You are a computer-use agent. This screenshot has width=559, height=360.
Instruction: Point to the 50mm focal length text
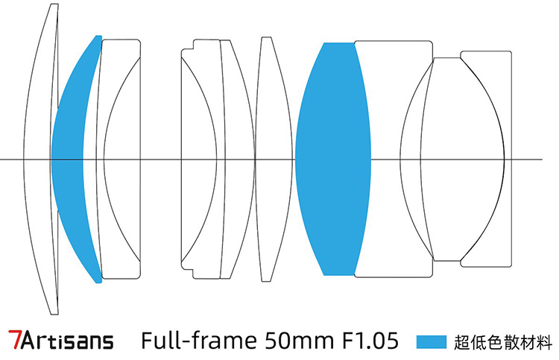click(x=299, y=340)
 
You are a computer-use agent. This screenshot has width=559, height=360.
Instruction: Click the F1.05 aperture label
click(x=370, y=340)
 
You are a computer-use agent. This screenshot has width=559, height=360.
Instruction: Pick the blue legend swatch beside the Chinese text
click(x=432, y=341)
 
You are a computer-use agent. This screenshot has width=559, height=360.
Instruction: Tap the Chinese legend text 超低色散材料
click(x=502, y=342)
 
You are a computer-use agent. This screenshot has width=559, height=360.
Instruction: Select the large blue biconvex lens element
click(x=333, y=159)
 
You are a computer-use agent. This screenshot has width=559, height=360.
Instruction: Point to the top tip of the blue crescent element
click(x=98, y=36)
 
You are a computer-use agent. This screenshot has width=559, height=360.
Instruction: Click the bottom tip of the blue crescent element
click(x=99, y=282)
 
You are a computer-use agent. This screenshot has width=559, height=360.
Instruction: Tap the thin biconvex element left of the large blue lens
click(x=274, y=159)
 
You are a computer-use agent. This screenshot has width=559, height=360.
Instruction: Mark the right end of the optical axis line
click(x=543, y=160)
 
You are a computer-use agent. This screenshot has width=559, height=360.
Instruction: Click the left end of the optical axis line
click(x=1, y=160)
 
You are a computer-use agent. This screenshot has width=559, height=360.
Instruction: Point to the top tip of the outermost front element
click(x=54, y=4)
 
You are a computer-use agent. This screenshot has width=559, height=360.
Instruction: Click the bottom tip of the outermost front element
click(x=54, y=314)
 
